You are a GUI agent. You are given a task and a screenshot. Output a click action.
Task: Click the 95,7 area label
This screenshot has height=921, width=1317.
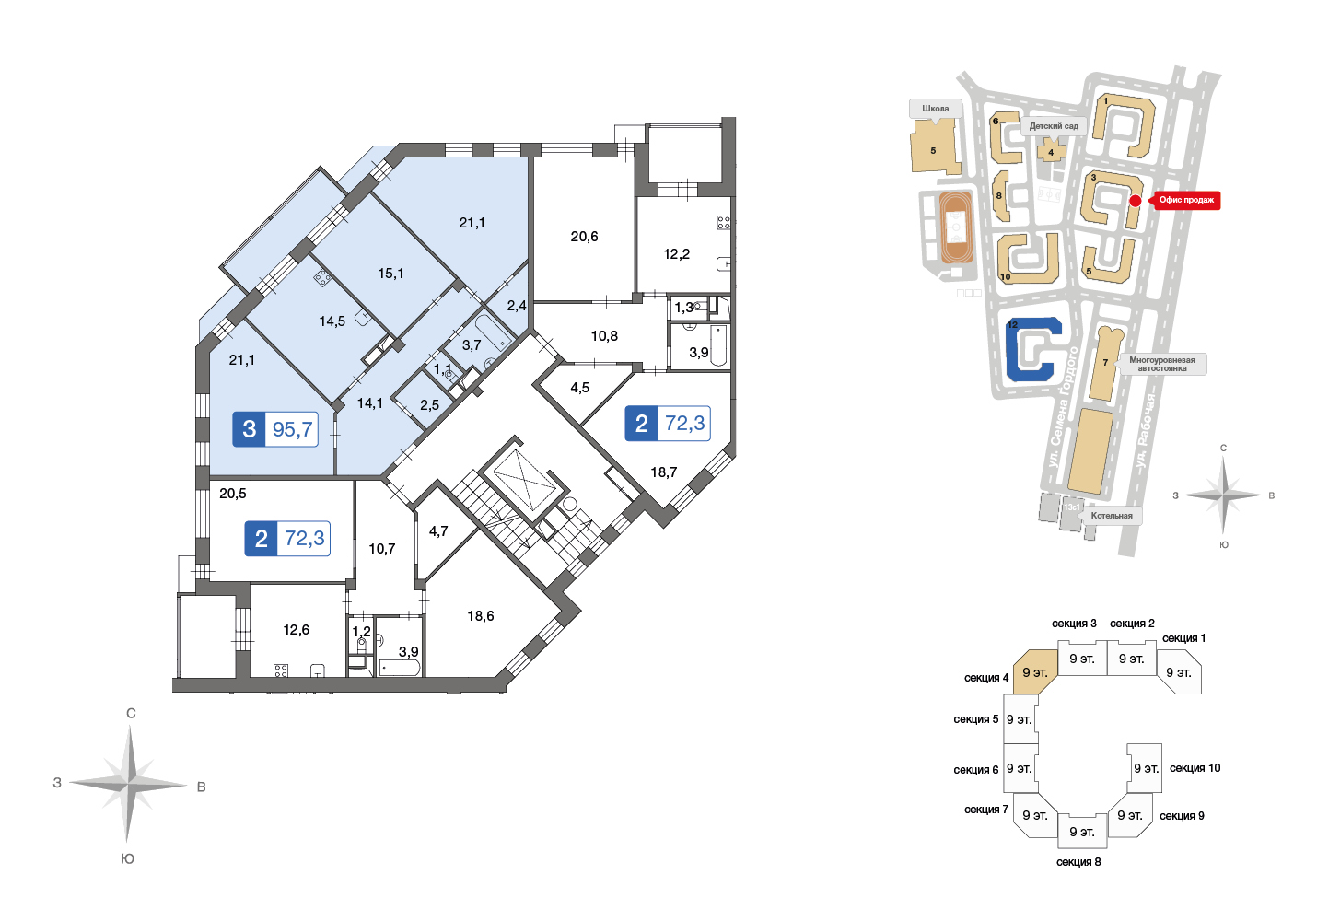click(292, 429)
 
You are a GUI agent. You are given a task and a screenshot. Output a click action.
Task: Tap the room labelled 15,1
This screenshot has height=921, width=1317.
click(390, 274)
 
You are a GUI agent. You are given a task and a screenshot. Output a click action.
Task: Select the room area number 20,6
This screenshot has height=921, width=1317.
click(584, 237)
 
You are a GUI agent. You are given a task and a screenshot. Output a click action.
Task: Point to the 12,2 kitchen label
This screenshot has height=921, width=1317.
click(676, 254)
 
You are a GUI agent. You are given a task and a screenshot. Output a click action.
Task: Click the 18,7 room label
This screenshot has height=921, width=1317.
click(663, 472)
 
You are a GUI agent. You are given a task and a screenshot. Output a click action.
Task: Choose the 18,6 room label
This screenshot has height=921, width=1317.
click(481, 616)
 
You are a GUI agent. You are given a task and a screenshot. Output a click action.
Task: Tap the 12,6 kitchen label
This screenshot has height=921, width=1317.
click(296, 630)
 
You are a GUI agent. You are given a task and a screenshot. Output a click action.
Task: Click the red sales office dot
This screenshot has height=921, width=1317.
click(1136, 201)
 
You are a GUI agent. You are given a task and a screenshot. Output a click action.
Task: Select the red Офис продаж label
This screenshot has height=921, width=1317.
click(1186, 200)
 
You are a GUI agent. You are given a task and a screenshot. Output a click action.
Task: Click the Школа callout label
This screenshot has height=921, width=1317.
click(936, 109)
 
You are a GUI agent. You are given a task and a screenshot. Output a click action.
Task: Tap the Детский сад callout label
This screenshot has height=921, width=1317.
click(1054, 126)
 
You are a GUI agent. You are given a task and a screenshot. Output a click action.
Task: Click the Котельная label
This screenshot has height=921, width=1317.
click(1112, 516)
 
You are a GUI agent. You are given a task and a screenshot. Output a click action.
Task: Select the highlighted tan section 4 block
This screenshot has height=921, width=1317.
click(1035, 671)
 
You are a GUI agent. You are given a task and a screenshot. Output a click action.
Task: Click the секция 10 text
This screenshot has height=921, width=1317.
click(1195, 768)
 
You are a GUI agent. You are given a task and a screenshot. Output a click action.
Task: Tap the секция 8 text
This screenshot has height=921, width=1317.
click(1078, 862)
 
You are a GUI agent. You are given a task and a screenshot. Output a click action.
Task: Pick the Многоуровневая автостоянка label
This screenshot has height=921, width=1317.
click(1161, 364)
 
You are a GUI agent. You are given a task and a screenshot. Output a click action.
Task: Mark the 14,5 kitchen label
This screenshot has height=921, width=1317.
click(332, 321)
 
